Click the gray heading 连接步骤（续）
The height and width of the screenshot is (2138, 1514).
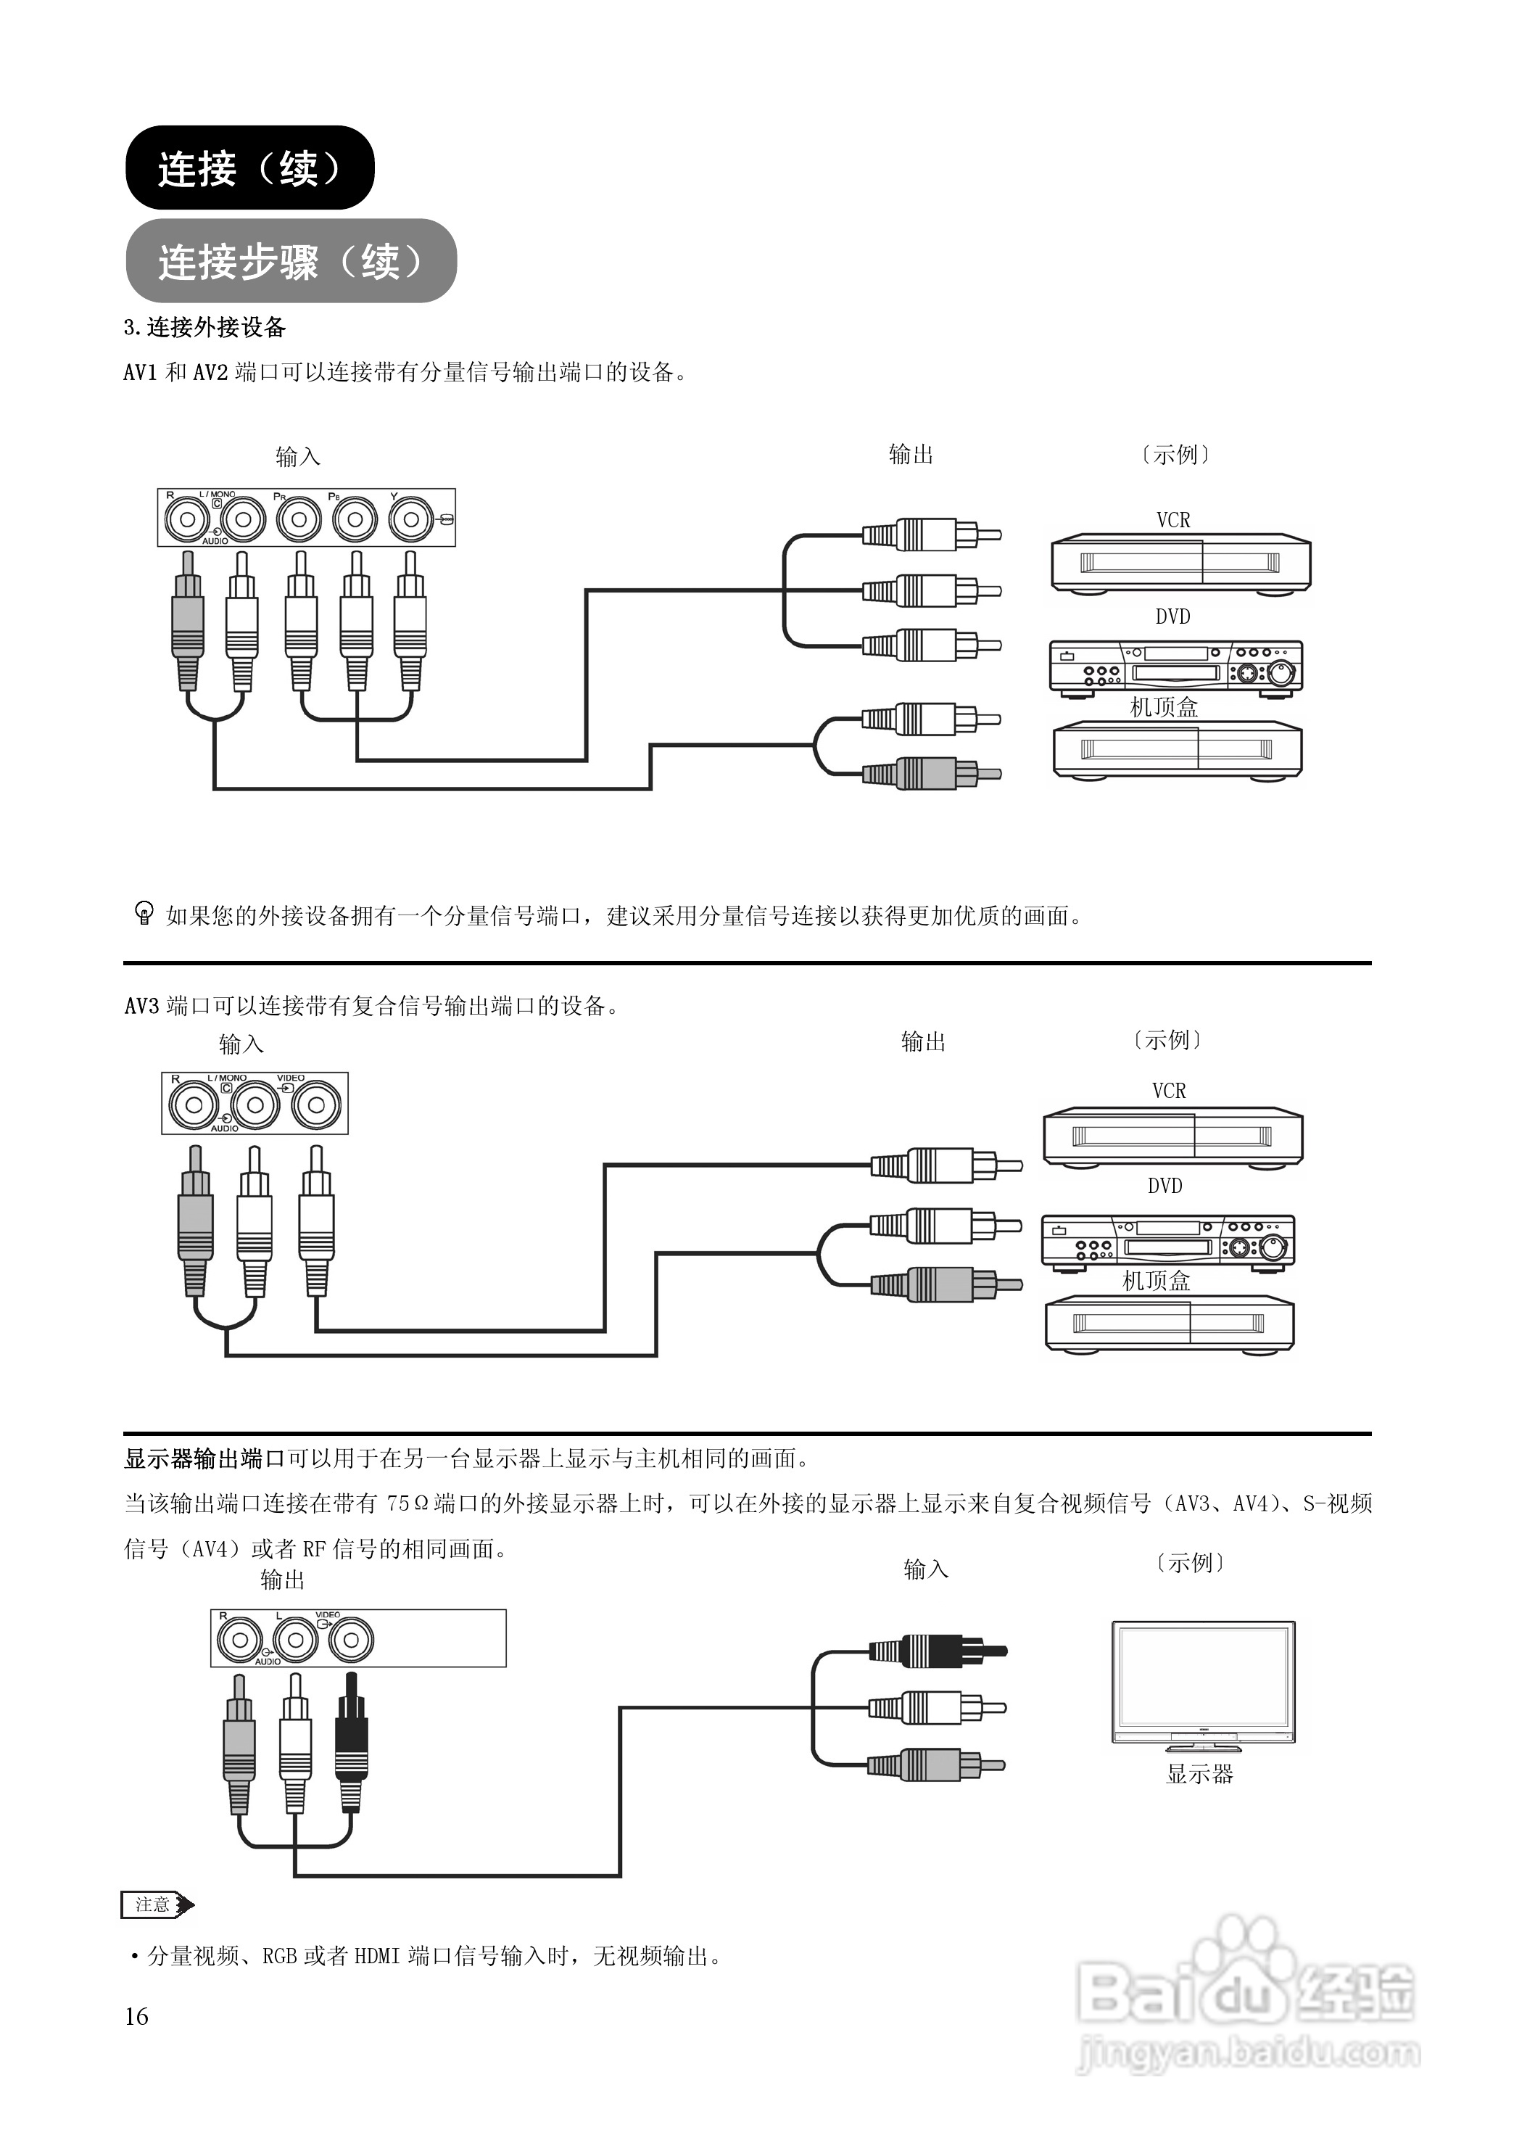[290, 261]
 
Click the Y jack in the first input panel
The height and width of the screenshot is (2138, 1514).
[411, 519]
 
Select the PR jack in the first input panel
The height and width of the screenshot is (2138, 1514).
[299, 519]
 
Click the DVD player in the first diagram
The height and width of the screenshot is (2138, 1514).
[1175, 666]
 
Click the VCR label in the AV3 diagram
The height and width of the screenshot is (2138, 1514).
[1168, 1090]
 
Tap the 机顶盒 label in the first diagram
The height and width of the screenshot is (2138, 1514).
[1164, 707]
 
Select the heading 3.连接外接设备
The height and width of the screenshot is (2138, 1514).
[204, 327]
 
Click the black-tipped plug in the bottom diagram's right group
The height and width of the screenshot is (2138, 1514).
[937, 1651]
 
